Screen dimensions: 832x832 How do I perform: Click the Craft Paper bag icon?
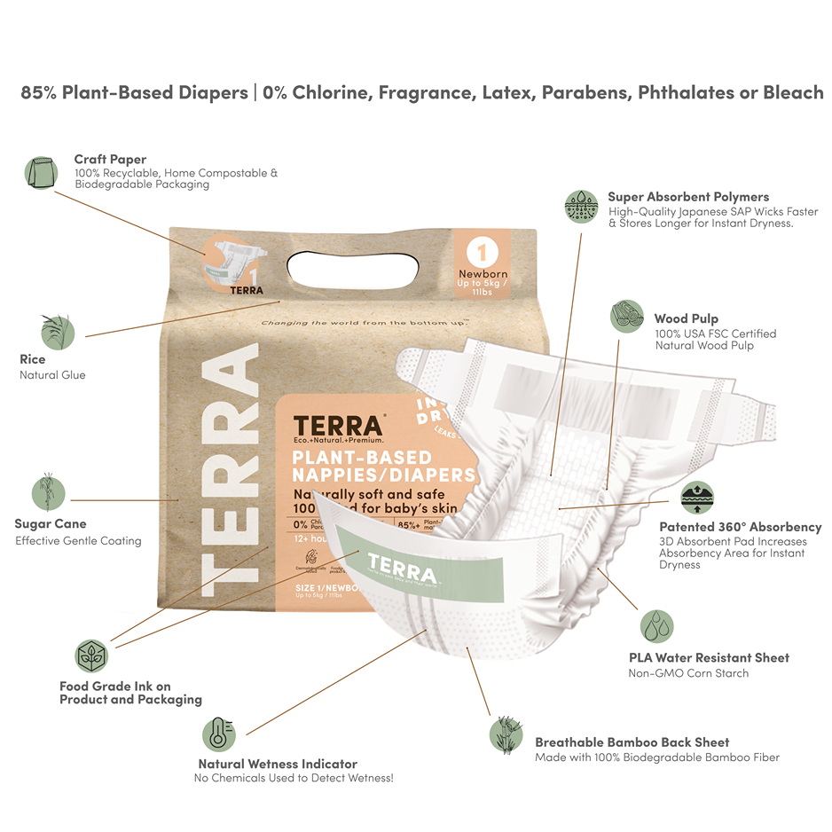tap(41, 171)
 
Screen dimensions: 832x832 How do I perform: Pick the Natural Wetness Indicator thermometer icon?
tap(218, 734)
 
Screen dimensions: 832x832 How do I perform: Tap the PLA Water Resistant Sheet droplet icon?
tap(656, 625)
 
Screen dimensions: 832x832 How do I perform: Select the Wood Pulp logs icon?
tap(626, 316)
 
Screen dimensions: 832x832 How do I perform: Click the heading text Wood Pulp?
tap(686, 318)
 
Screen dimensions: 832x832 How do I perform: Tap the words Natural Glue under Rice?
tap(52, 375)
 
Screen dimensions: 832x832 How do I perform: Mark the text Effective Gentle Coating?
tap(78, 540)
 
